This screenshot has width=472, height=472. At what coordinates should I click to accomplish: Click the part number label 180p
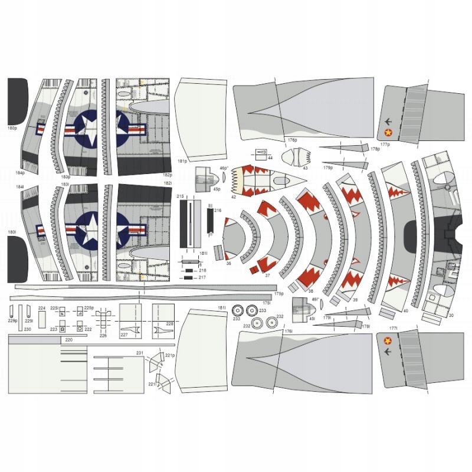tap(11, 127)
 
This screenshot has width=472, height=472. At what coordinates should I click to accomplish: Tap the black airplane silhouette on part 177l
tap(387, 352)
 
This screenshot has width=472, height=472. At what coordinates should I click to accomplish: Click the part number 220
tap(68, 340)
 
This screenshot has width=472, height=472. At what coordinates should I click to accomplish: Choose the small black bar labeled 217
tap(188, 277)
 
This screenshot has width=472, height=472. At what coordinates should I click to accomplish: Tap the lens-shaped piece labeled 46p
tap(225, 176)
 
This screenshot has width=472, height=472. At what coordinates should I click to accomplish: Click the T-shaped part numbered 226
tap(103, 322)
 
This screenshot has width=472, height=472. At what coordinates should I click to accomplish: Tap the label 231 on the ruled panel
tap(139, 353)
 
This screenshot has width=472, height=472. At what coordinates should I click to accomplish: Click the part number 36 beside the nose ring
tap(228, 264)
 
